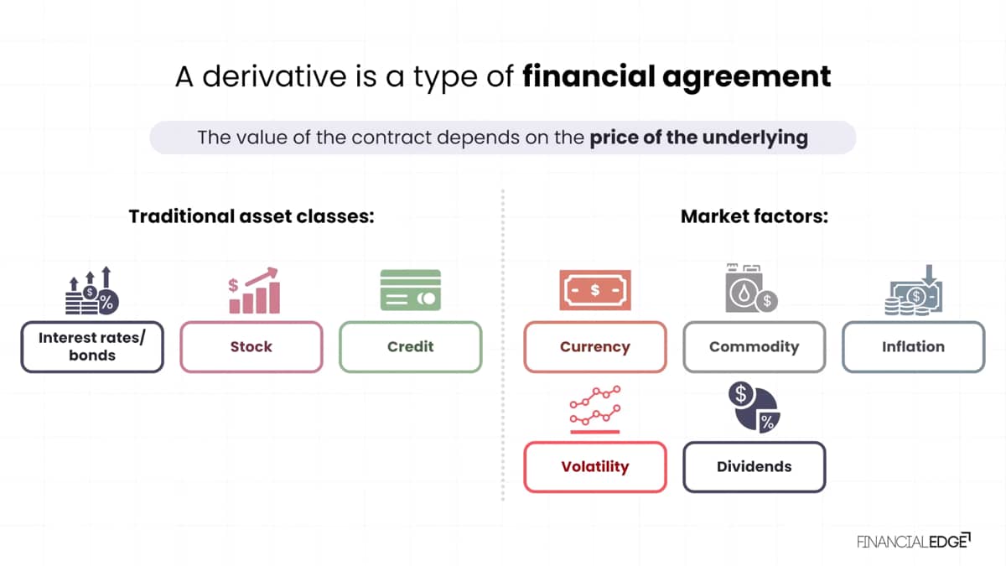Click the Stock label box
coord(251,347)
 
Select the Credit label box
coord(411,347)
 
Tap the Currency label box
coord(595,347)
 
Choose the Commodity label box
coord(754,347)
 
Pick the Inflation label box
coord(914,347)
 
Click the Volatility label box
coord(595,467)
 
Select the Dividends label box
coord(754,467)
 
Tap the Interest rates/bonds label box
coord(92,347)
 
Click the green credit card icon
coord(411,290)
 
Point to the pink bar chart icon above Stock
coord(254,290)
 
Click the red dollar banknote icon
coord(595,290)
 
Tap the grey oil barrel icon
coord(751,288)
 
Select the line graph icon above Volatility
coord(595,410)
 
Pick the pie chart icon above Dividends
coord(754,407)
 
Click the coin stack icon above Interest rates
coord(92,291)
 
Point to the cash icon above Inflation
coord(914,290)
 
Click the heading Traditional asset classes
coord(251,216)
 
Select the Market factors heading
coord(754,216)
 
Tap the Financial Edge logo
coord(914,541)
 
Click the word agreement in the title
coord(746,77)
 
